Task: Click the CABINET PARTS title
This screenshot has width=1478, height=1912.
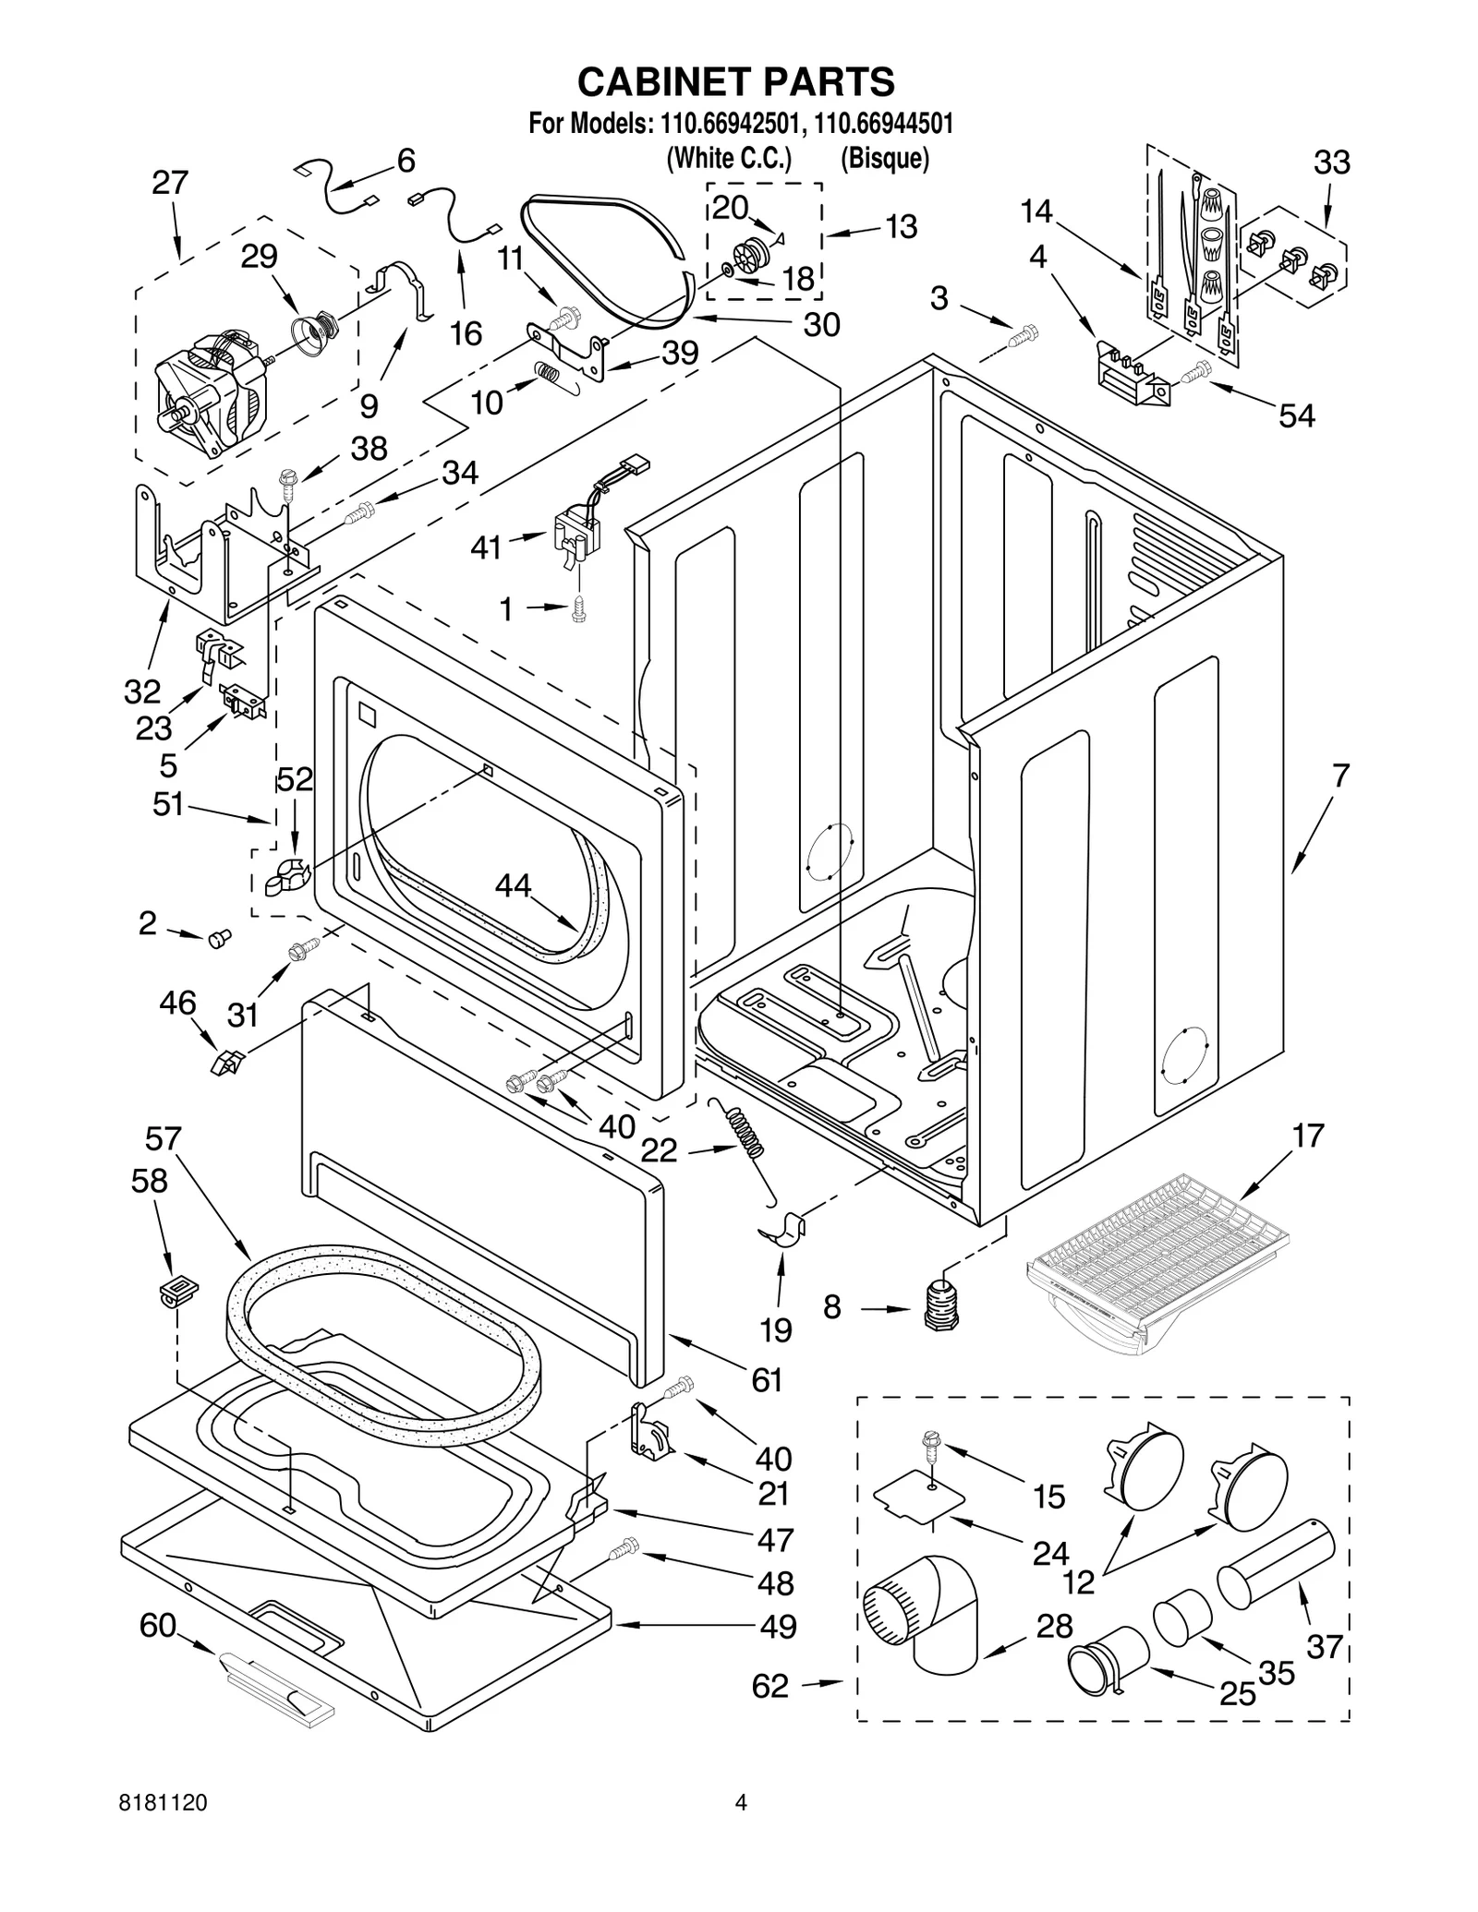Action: pyautogui.click(x=735, y=82)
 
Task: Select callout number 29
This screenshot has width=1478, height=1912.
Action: pyautogui.click(x=259, y=256)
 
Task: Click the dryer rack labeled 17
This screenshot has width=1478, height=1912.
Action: pyautogui.click(x=1159, y=1258)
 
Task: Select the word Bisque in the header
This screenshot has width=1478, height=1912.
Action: pyautogui.click(x=884, y=159)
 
